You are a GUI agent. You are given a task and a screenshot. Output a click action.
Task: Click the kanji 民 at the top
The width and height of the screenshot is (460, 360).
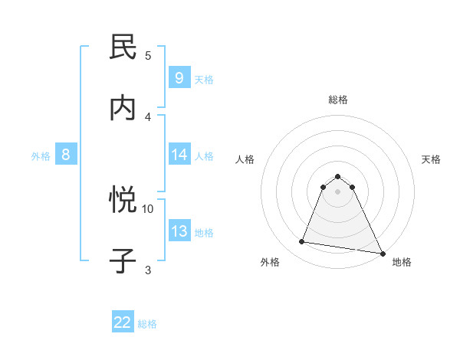click(123, 47)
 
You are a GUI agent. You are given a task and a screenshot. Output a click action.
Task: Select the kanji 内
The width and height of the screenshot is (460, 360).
click(123, 108)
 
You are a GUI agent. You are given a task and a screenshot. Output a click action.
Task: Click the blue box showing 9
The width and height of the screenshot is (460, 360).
click(179, 78)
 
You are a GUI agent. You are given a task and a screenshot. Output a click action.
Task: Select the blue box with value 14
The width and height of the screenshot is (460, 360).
click(179, 155)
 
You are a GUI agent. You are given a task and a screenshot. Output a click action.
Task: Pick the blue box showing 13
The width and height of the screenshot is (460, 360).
click(179, 231)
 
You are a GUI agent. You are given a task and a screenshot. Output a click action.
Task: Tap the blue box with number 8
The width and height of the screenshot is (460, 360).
click(65, 155)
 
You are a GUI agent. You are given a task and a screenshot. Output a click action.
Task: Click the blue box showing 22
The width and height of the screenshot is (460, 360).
click(123, 322)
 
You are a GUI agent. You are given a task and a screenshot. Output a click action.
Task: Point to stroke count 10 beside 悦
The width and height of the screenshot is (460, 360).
click(148, 208)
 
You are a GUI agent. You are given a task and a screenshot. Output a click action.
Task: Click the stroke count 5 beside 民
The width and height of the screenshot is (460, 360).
click(148, 55)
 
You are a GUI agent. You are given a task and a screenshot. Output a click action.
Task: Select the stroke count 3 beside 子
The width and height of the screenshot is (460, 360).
click(148, 269)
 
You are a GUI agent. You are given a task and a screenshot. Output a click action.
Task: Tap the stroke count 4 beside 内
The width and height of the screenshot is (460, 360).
click(148, 116)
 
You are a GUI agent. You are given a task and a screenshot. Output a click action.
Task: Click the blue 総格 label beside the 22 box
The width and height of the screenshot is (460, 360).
click(147, 324)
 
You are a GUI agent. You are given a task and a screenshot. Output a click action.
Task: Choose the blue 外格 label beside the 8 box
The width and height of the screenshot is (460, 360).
click(41, 156)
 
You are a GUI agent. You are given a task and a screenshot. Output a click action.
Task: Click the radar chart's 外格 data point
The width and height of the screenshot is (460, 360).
click(301, 242)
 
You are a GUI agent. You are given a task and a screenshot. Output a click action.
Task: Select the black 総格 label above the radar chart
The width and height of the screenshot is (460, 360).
click(338, 100)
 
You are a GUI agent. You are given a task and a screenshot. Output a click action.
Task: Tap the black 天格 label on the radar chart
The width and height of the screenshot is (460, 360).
click(432, 159)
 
